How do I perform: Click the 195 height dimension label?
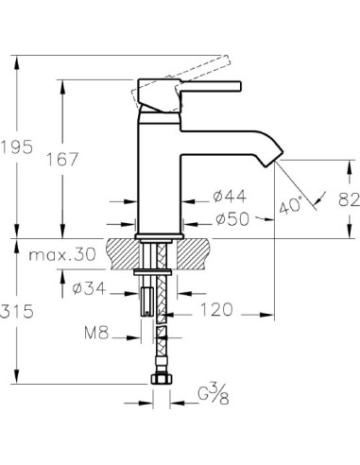pos(16,146)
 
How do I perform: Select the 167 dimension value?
pos(61,159)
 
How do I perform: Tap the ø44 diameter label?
pos(230,197)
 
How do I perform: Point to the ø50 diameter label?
pos(232,219)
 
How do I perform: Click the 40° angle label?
pos(291,205)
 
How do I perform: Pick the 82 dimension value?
pos(349,199)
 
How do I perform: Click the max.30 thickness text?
pos(62,254)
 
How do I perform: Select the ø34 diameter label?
pos(89,288)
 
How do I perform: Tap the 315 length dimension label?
pos(17,311)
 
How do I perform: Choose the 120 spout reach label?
pos(216,309)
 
